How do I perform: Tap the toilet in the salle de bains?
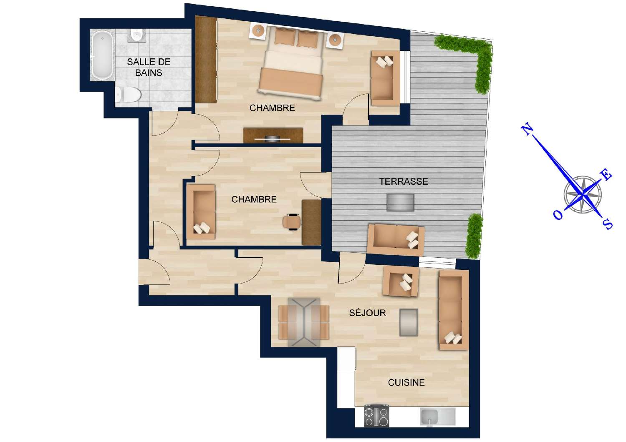(x=126, y=95)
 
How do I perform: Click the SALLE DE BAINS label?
(x=149, y=67)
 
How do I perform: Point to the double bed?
(x=292, y=63)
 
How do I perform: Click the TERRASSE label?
(x=403, y=181)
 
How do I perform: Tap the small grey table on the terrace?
(x=400, y=202)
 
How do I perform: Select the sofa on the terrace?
(x=396, y=239)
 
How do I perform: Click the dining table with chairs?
(x=304, y=322)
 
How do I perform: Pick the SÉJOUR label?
(x=367, y=313)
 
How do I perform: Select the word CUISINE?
(x=406, y=382)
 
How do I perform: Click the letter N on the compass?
(x=528, y=129)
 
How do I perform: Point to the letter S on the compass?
(x=608, y=225)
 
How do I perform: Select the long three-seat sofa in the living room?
(x=452, y=310)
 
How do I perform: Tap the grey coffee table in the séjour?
(x=409, y=322)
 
